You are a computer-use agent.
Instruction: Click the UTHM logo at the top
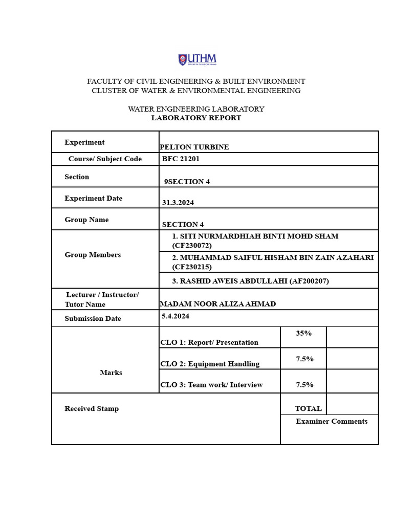[197, 60]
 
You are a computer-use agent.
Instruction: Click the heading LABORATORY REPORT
[196, 118]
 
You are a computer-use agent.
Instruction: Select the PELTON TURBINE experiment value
[194, 147]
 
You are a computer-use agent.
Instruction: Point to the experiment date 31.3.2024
[178, 203]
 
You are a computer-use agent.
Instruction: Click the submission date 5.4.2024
[176, 317]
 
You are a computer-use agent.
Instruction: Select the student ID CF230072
[192, 246]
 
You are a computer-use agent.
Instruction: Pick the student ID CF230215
[192, 267]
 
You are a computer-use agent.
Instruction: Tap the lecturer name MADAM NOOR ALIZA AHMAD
[218, 304]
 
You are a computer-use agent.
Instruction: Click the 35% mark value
[303, 333]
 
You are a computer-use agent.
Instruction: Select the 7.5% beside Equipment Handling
[304, 359]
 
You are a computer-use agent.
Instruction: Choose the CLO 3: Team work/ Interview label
[211, 385]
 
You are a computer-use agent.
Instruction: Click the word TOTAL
[308, 409]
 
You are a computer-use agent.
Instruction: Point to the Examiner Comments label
[332, 422]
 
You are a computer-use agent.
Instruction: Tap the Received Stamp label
[92, 409]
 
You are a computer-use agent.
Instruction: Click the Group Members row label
[93, 255]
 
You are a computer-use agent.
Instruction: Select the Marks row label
[111, 373]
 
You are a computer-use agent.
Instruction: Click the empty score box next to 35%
[352, 337]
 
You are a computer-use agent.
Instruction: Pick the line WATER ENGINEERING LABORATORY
[196, 109]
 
